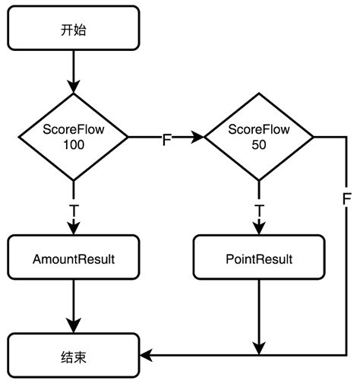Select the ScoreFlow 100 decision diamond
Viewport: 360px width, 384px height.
(x=74, y=137)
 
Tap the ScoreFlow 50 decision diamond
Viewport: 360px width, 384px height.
(x=259, y=137)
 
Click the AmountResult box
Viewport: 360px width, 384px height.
(x=74, y=259)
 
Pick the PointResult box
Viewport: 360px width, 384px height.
(x=259, y=259)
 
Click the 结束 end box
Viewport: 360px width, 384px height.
(x=74, y=355)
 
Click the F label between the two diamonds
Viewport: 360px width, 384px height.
(x=166, y=139)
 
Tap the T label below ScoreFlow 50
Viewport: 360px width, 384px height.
(x=259, y=209)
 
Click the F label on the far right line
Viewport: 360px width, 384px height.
(x=346, y=199)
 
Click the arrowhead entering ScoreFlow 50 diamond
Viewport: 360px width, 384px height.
(x=200, y=138)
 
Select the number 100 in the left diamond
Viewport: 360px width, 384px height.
(x=74, y=144)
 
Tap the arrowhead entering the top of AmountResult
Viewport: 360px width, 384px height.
(x=74, y=230)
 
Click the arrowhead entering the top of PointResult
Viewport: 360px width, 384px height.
(x=259, y=230)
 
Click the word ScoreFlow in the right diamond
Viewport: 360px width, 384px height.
(x=259, y=130)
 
